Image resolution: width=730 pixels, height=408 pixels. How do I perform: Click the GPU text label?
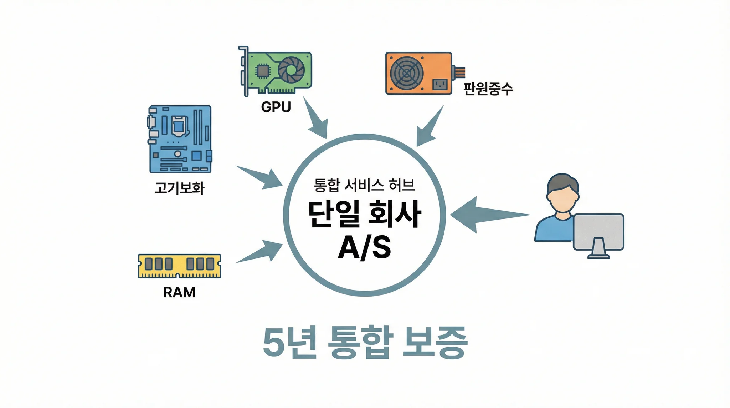pos(276,107)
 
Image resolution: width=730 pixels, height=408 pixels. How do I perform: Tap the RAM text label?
pos(179,293)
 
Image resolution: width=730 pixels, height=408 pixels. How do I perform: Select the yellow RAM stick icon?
pos(179,266)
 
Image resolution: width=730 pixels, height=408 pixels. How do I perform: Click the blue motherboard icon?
pos(180,139)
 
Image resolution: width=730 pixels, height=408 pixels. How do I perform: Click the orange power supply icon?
pos(419,73)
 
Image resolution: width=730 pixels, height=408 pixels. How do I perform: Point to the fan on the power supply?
pos(407,73)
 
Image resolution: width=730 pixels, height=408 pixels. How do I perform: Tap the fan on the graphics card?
pos(291,70)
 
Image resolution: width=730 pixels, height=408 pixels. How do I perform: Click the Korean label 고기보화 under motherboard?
pos(180,188)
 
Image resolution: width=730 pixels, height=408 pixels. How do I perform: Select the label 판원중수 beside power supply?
pos(488,89)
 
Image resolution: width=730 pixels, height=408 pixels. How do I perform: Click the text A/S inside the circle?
pos(364,247)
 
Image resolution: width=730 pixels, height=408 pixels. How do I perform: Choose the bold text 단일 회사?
pos(364,214)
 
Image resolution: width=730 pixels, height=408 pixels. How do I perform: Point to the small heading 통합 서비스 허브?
pos(364,185)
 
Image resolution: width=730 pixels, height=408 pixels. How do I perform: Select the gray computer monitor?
pos(598,232)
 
